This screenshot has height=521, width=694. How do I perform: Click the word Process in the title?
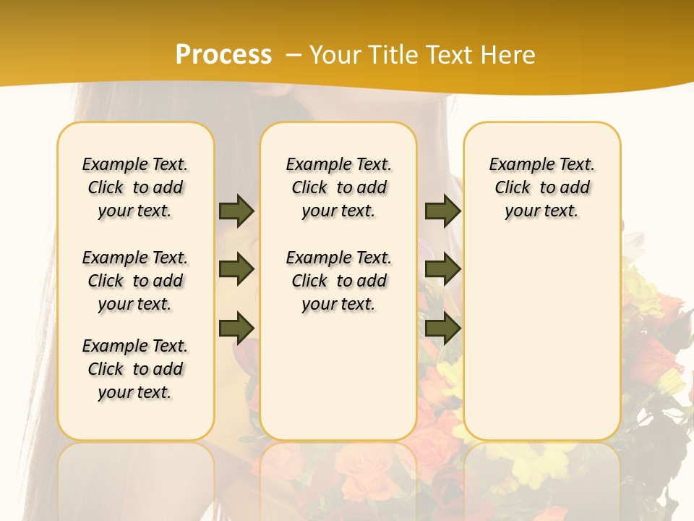(x=223, y=55)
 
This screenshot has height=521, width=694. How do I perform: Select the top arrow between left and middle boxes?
(x=236, y=211)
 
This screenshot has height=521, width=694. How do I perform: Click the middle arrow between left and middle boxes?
(x=236, y=269)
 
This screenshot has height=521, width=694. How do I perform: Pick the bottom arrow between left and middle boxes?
(x=236, y=328)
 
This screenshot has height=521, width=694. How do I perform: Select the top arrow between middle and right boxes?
(x=442, y=211)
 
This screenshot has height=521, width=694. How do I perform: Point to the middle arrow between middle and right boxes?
(x=442, y=269)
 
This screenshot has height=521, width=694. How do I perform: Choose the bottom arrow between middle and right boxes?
(x=442, y=328)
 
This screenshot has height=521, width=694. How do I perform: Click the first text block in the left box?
(x=135, y=187)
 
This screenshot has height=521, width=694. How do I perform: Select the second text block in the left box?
(x=135, y=281)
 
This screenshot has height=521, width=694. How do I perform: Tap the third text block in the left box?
(x=135, y=369)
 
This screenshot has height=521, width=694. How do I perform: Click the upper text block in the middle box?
(x=338, y=187)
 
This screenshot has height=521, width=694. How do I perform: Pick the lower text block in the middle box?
(x=338, y=281)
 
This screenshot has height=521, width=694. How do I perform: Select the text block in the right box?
(x=542, y=187)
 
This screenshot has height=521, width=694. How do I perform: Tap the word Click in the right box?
(x=513, y=188)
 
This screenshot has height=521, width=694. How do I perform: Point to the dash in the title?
(x=294, y=55)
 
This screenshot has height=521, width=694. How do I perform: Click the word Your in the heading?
(x=335, y=55)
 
